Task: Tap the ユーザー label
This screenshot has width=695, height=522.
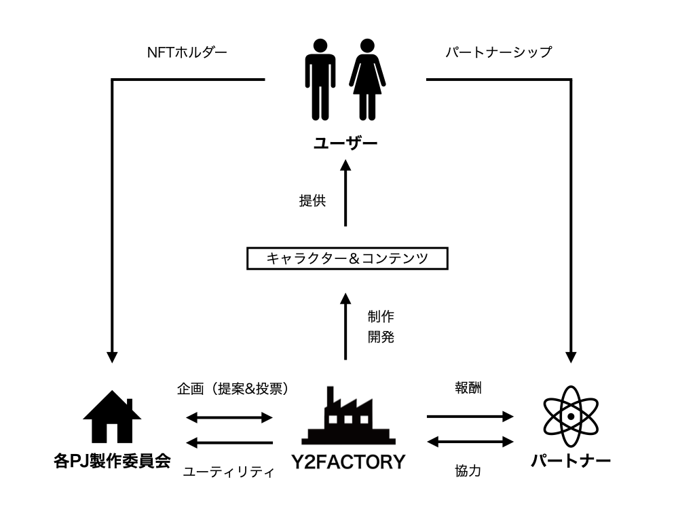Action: [x=345, y=144]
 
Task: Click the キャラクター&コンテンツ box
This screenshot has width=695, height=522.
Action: [x=347, y=259]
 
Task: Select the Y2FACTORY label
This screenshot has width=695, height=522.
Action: [x=347, y=463]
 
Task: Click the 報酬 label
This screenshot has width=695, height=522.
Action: [x=468, y=389]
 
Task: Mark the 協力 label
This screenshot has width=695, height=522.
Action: [x=468, y=470]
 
